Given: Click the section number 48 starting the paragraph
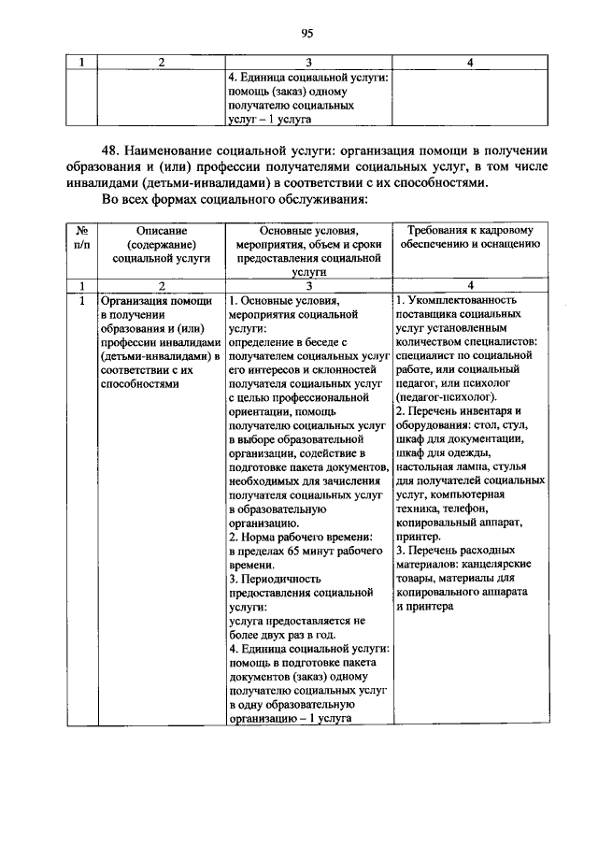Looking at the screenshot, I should pyautogui.click(x=113, y=149).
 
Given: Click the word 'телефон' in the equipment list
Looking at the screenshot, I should pyautogui.click(x=457, y=509).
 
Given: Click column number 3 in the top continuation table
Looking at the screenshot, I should pyautogui.click(x=308, y=62).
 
